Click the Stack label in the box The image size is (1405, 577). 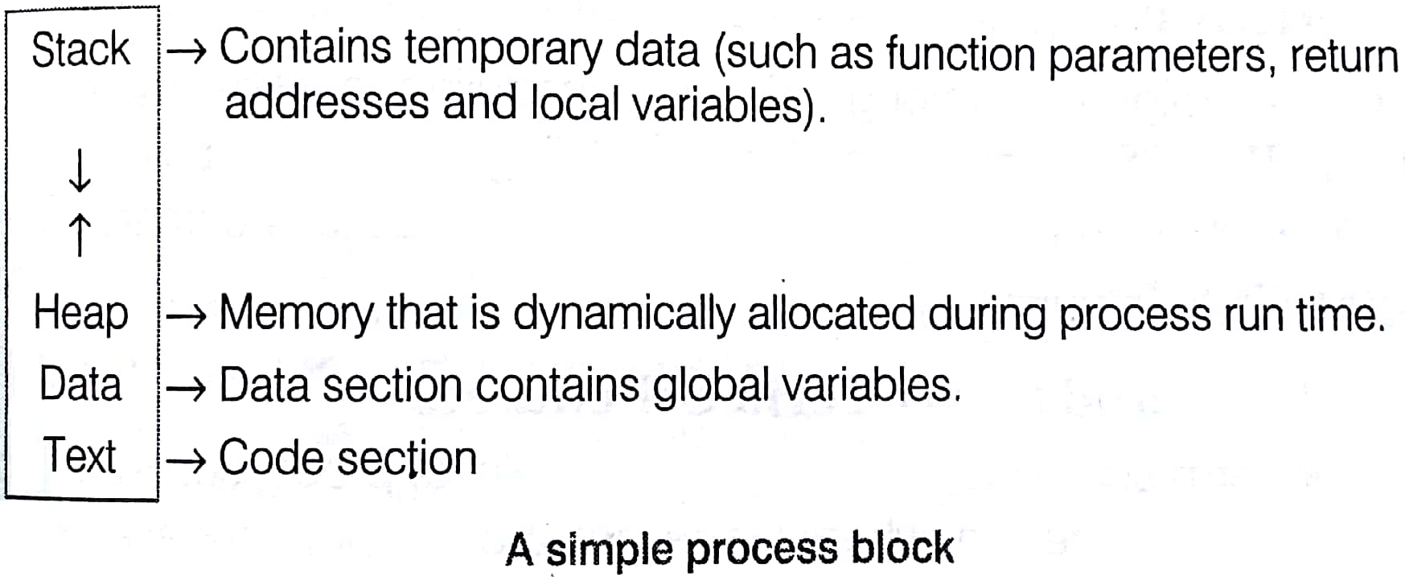(x=80, y=49)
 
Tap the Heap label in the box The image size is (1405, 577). (x=80, y=313)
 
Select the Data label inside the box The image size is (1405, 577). (x=80, y=384)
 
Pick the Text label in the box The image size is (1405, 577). (x=80, y=455)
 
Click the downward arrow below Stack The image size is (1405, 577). (x=80, y=171)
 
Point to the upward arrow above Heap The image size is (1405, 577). (x=80, y=235)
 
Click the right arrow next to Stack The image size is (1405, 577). (x=187, y=53)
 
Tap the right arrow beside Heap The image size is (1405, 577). (x=187, y=316)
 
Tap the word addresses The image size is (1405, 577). (x=327, y=103)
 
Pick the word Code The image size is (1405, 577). (x=272, y=457)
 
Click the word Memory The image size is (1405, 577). (x=296, y=314)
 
